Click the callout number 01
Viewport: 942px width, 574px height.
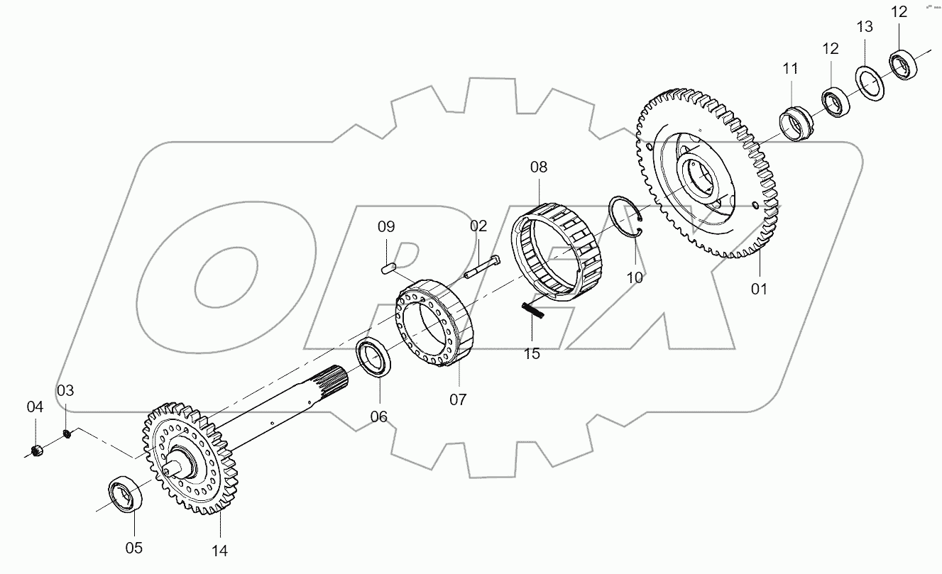(x=760, y=289)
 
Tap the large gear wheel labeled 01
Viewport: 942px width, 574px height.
(x=710, y=177)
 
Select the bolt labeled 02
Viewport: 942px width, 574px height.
(x=482, y=267)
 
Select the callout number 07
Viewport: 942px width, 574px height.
(x=458, y=399)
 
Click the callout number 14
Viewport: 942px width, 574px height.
(x=219, y=549)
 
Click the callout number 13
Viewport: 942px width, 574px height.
(x=864, y=27)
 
